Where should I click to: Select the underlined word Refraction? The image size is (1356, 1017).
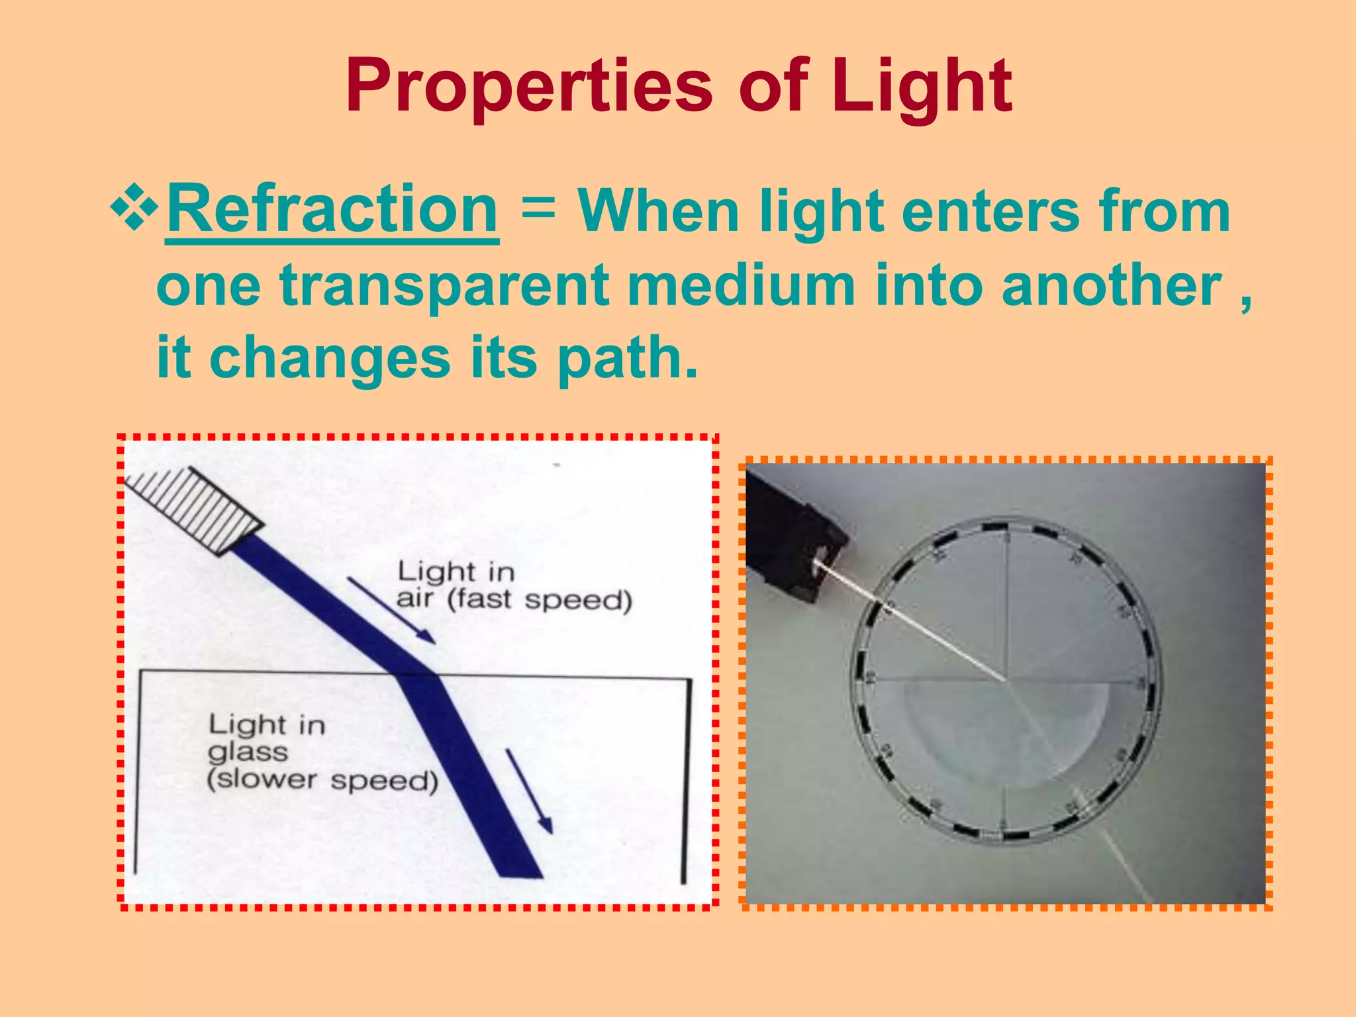tap(332, 210)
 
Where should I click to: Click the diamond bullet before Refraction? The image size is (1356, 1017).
tap(134, 210)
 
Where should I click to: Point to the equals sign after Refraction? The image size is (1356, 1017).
tap(538, 209)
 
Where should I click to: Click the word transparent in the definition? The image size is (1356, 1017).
tap(444, 285)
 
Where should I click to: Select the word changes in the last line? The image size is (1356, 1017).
tap(330, 358)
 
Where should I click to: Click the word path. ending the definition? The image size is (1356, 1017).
tap(627, 358)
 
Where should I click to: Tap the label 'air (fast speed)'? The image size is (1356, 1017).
tap(514, 600)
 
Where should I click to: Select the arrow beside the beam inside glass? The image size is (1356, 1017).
tap(529, 791)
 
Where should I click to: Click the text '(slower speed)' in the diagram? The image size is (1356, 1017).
tap(322, 780)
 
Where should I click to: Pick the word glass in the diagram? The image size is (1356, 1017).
tap(248, 752)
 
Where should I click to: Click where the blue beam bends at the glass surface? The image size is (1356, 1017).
tap(417, 675)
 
